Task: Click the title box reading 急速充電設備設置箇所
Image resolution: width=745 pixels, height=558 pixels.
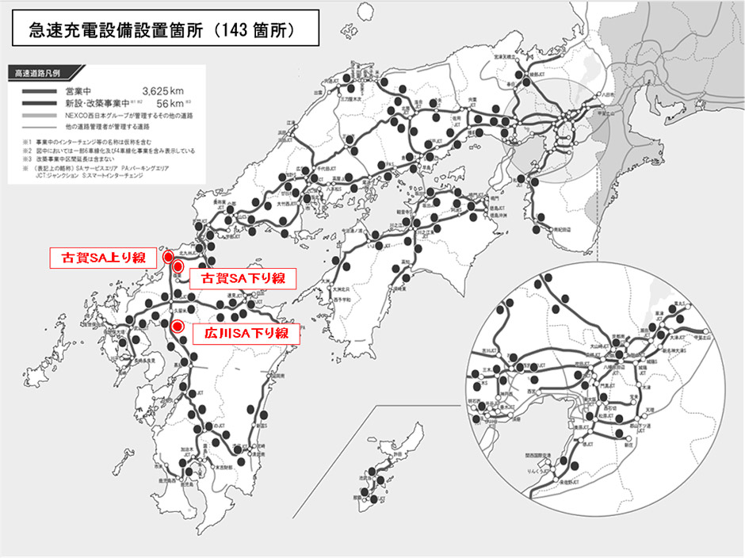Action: click(162, 29)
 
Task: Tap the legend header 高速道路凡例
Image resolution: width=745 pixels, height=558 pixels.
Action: click(39, 73)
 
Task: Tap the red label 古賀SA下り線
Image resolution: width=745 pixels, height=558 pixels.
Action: click(241, 278)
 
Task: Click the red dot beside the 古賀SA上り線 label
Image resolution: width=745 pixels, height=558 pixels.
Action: click(168, 258)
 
